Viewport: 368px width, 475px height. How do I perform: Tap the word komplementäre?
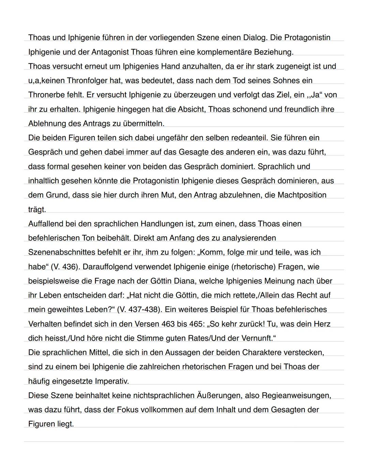click(x=222, y=52)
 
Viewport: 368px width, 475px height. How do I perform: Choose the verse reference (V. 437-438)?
click(x=138, y=310)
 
